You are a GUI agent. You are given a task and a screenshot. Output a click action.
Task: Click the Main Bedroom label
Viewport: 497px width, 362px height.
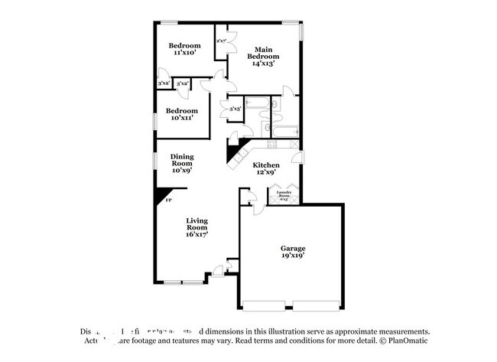(261, 52)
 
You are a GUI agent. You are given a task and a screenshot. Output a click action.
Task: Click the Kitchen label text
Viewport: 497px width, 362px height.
(267, 165)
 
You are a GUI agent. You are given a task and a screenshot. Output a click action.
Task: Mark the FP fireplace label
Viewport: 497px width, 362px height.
(168, 201)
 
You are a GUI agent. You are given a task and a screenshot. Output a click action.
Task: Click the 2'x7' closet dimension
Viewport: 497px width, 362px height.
(222, 41)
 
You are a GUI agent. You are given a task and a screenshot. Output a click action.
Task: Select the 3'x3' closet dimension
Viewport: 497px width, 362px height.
(236, 110)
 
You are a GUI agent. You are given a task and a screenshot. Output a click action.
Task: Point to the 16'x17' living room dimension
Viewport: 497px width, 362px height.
(197, 234)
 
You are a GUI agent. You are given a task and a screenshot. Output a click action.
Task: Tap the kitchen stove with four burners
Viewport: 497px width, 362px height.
(274, 147)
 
